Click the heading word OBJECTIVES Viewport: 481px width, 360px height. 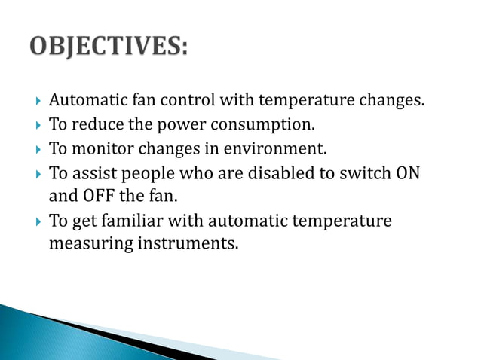[109, 46]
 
